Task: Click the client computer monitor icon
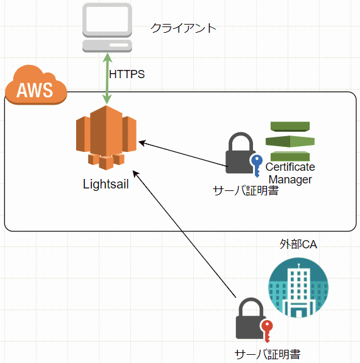point(107,20)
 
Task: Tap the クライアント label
point(183,28)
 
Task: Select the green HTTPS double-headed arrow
point(107,79)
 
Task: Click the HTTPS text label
point(127,74)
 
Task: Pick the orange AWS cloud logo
point(36,85)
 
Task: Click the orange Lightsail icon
point(106,137)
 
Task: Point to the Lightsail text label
point(106,184)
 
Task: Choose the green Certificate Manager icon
point(290,141)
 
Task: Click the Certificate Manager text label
point(290,173)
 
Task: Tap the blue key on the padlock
point(257,165)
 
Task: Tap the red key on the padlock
point(267,331)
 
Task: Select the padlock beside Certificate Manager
point(240,153)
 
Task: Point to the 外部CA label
point(298,245)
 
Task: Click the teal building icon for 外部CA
point(298,287)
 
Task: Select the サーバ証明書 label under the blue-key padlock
point(245,191)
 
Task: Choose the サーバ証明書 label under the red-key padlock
point(267,355)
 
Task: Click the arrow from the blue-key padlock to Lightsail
point(183,154)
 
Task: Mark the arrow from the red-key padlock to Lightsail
point(184,234)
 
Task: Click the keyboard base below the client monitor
point(107,46)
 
